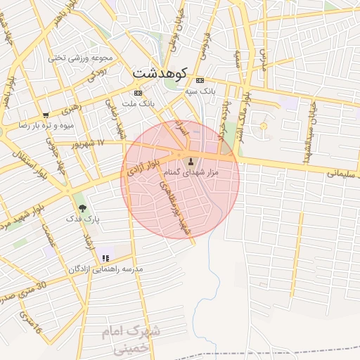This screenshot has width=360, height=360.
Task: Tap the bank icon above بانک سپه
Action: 200,80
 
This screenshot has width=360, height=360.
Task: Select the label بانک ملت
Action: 138,104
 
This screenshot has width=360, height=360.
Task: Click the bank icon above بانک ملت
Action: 138,93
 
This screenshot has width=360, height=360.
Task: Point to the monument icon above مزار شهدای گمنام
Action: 190,161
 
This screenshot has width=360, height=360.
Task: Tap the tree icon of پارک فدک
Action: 83,208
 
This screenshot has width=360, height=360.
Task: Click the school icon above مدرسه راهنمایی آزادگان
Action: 105,258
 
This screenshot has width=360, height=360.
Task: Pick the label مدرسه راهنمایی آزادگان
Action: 105,269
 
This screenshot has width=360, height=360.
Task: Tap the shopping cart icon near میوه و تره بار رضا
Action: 46,115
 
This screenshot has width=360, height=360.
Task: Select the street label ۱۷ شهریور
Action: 91,143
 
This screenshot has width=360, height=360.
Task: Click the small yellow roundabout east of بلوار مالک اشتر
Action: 264,126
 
